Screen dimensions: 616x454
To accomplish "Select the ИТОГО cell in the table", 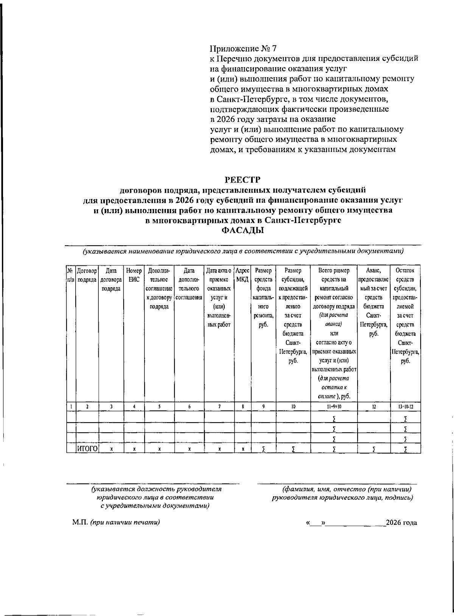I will (x=87, y=449).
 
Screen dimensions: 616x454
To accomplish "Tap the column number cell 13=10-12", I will (x=405, y=407).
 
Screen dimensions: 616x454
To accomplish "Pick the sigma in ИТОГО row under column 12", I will (x=374, y=449).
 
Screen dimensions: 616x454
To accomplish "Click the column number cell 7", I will (x=219, y=407).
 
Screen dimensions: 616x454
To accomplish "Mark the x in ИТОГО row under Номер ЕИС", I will (x=134, y=449).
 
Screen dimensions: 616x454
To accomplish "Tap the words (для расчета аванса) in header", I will (x=334, y=320).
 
